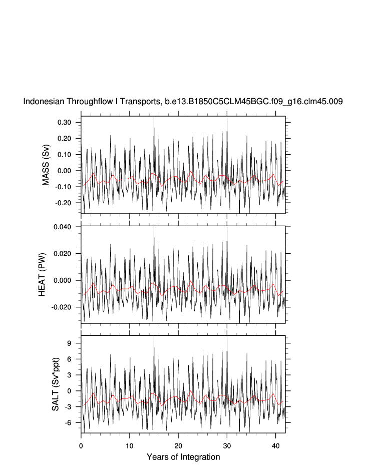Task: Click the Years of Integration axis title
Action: tap(183, 457)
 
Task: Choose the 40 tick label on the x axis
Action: tap(275, 444)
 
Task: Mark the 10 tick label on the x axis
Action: tap(130, 444)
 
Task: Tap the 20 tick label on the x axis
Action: tap(178, 444)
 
